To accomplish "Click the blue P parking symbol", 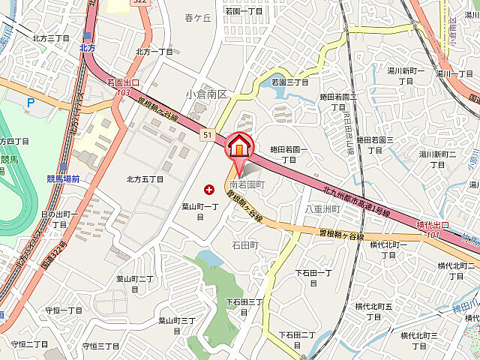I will [x=30, y=103].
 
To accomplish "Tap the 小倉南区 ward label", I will [x=207, y=94].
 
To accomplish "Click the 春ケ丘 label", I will [x=199, y=17].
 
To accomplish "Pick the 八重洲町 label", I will [x=322, y=210].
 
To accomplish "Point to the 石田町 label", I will [x=245, y=245].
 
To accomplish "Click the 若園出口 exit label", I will [x=124, y=82].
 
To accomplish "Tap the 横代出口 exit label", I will [x=433, y=225].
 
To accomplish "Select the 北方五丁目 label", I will [x=145, y=178].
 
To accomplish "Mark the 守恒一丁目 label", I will [x=64, y=310].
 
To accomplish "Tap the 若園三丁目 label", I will [x=289, y=82].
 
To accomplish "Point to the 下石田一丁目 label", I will [x=313, y=277].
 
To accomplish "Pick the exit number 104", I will [x=430, y=235].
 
